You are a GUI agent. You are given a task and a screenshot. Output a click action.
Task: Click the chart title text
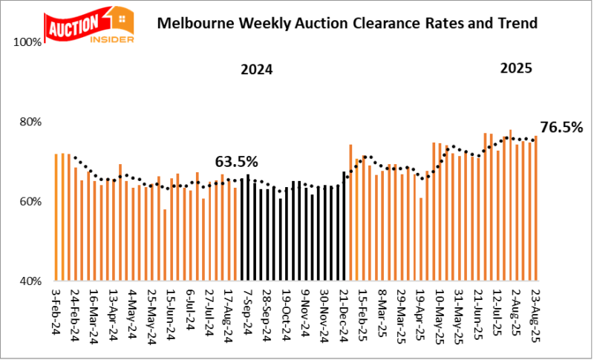click(x=347, y=23)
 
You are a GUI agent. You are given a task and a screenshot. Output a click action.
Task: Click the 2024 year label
click(x=256, y=71)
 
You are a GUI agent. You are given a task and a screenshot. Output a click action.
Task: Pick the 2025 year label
click(x=515, y=68)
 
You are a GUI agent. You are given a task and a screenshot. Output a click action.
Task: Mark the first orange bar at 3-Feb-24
click(x=56, y=217)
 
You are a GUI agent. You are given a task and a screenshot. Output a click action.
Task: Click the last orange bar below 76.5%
click(x=535, y=209)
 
